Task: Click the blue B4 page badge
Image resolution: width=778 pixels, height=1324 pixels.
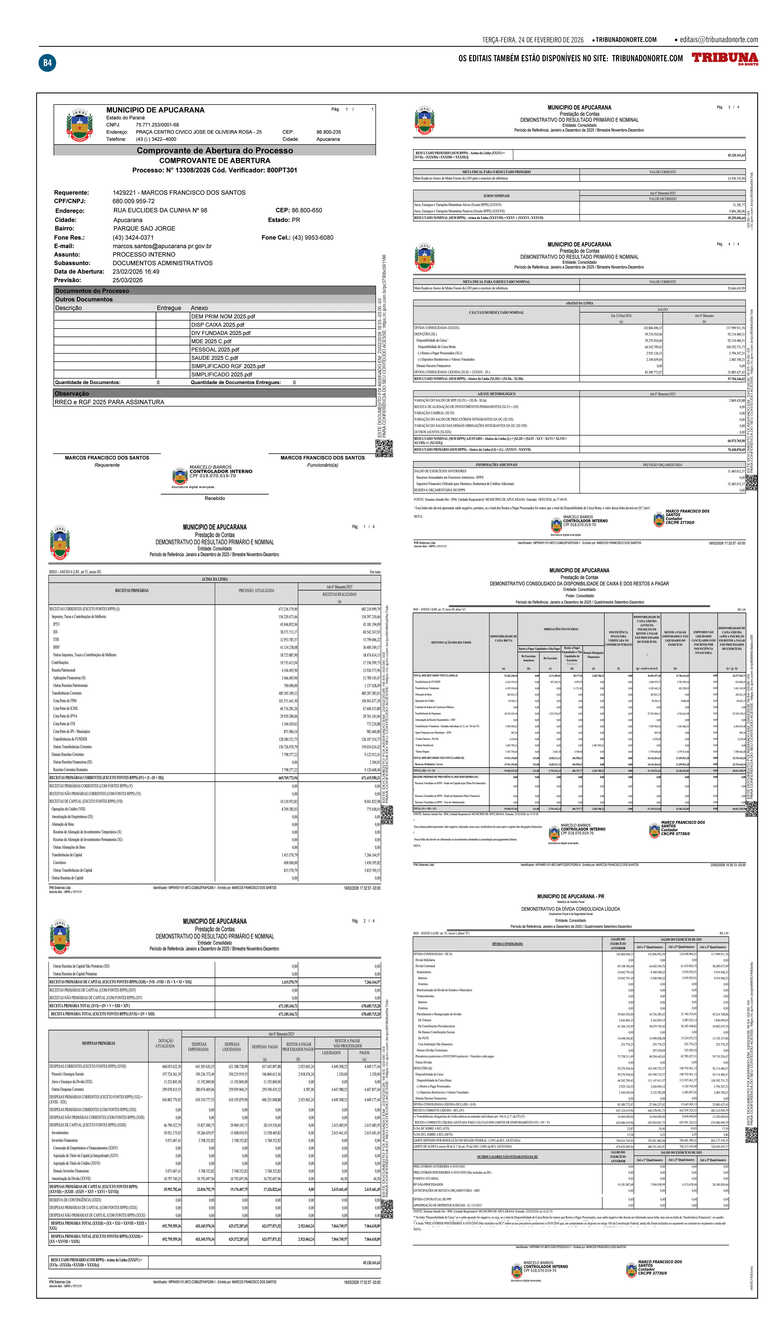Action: coord(47,63)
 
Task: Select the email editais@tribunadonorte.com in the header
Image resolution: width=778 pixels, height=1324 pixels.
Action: coord(719,39)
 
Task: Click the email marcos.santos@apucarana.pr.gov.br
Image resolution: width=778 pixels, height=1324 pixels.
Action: coord(162,246)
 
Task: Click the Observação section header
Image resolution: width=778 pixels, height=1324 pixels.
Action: coord(72,394)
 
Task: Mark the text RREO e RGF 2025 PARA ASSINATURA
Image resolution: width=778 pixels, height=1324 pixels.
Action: coord(109,402)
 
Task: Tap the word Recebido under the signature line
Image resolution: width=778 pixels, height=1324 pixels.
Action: coord(214,498)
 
